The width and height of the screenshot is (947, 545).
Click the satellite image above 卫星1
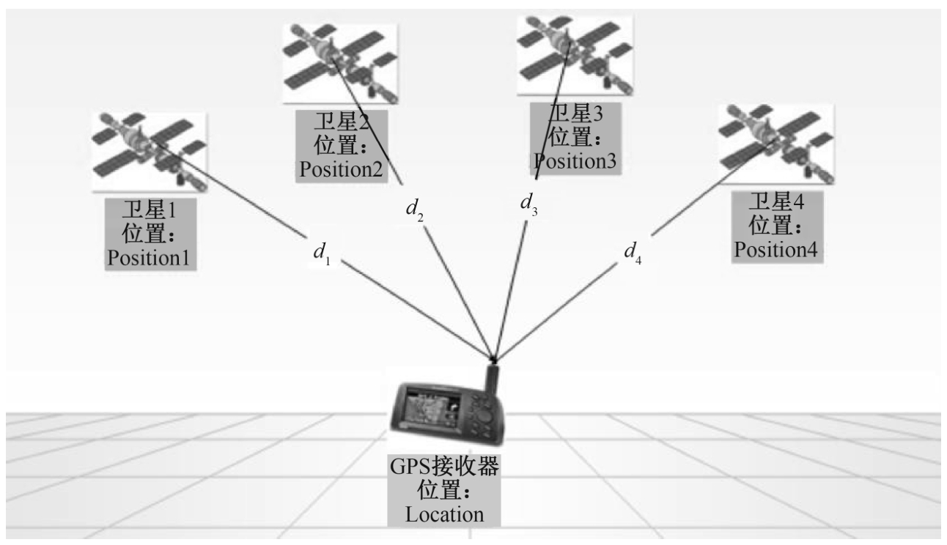[x=149, y=152]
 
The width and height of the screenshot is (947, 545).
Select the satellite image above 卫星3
[x=574, y=55]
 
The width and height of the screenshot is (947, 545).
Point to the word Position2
[x=340, y=169]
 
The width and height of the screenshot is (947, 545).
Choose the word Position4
[x=777, y=249]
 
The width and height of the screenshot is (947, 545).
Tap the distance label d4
[x=632, y=252]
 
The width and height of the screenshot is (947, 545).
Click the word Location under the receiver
[x=445, y=514]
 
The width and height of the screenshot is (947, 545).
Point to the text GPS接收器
[x=445, y=467]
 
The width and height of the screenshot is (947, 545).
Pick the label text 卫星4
[x=775, y=202]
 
